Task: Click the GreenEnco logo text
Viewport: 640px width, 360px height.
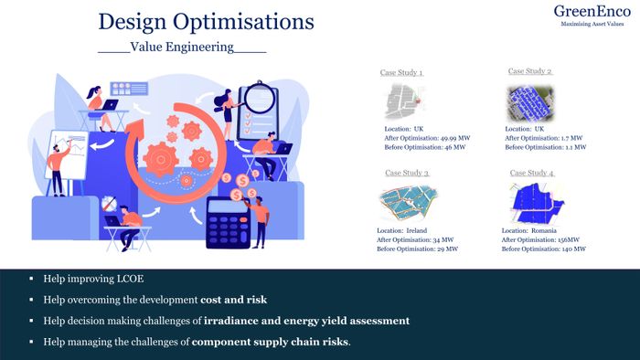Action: pos(592,11)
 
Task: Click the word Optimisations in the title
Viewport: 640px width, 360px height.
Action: pos(243,22)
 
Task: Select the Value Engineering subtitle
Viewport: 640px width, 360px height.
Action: pos(182,47)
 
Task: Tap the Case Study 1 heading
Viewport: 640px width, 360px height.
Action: pos(401,72)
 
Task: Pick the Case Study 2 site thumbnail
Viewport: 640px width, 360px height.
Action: pos(529,103)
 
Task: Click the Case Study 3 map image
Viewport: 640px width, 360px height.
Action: pos(408,201)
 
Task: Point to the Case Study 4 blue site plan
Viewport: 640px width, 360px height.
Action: pos(537,203)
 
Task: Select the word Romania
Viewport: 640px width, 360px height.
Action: pos(544,231)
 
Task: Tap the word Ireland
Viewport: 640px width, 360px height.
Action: pos(416,231)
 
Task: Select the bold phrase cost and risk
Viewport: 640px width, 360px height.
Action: pos(233,300)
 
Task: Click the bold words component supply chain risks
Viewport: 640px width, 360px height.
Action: pos(271,342)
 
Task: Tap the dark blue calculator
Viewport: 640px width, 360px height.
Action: pos(229,223)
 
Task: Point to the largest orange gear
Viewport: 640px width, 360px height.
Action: pos(160,159)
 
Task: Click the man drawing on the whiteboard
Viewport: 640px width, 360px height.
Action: pos(59,168)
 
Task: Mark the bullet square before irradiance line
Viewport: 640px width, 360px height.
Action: pos(31,321)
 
